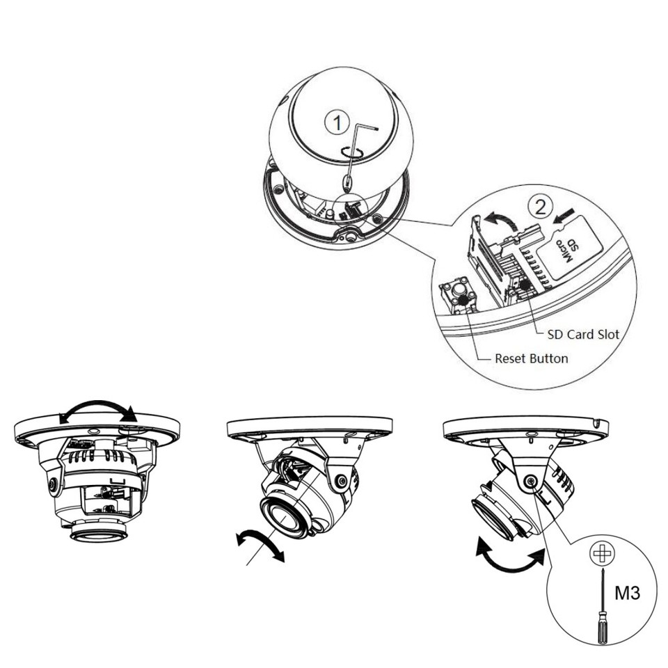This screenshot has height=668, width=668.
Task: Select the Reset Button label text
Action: [x=531, y=359]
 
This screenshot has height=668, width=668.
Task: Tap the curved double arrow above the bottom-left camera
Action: [x=97, y=410]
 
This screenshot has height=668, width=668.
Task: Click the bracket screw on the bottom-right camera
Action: [x=531, y=481]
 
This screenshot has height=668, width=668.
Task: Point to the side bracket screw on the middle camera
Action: [x=341, y=481]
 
